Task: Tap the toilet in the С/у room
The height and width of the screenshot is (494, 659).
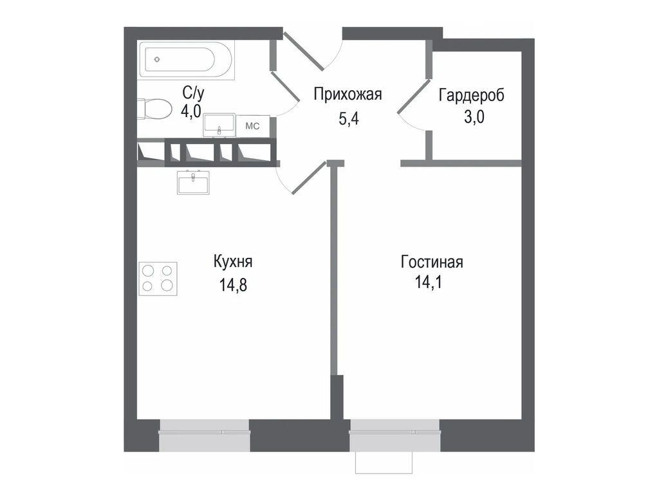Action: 153,109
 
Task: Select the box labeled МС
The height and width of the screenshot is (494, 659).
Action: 252,126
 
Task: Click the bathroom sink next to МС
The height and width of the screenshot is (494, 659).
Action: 219,125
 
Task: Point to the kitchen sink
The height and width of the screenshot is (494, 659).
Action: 193,183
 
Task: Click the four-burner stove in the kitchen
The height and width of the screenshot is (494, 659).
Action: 158,278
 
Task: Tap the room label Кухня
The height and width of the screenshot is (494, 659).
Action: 233,262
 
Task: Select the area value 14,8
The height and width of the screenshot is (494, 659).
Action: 233,283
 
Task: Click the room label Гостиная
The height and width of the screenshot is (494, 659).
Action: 431,262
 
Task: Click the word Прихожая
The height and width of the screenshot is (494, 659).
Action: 348,95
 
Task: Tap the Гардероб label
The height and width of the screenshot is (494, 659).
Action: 472,95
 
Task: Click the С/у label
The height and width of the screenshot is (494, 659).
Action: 192,93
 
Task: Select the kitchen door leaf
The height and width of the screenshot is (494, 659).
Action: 310,178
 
